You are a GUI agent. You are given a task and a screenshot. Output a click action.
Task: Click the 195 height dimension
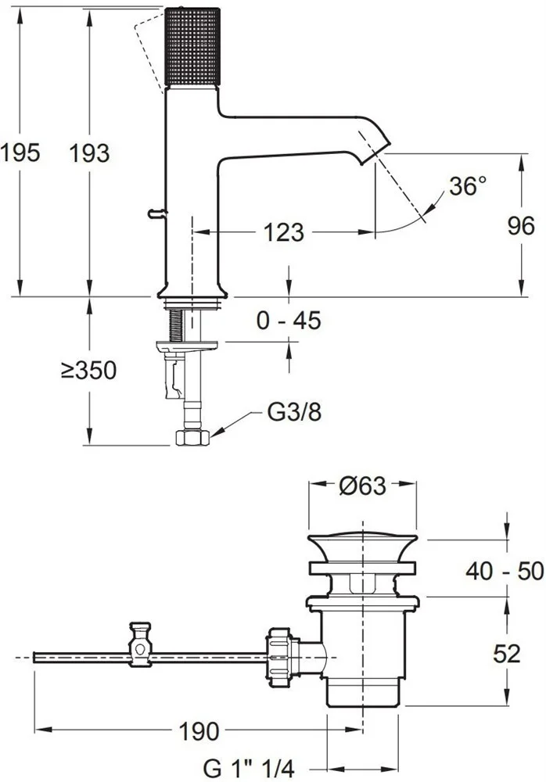click(20, 152)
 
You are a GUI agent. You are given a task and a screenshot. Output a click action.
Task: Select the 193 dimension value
click(89, 152)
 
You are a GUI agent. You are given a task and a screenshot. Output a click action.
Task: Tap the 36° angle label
click(467, 185)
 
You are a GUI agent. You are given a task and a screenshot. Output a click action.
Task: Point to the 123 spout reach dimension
click(283, 232)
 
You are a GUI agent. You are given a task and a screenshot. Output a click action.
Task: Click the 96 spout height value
click(521, 226)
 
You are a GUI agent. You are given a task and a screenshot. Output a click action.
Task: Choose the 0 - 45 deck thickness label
click(289, 320)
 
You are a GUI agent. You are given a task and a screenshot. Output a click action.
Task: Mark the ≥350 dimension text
click(89, 370)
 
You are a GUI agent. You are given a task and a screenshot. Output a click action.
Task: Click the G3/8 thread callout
click(294, 412)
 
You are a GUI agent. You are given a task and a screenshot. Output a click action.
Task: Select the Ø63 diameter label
click(362, 486)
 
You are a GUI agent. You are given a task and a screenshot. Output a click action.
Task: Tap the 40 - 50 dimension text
click(505, 571)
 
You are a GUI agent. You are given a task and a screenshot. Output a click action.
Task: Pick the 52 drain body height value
click(507, 653)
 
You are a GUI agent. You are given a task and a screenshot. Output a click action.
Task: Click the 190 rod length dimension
click(199, 732)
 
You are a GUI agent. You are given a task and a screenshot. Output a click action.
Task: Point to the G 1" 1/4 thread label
click(249, 768)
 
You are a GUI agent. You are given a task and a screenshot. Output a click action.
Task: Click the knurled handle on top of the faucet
click(192, 47)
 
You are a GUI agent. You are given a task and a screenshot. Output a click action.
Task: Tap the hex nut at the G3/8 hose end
click(192, 437)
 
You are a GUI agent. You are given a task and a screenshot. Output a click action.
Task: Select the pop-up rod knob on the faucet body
click(156, 213)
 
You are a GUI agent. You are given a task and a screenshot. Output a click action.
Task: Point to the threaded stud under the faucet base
click(176, 325)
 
